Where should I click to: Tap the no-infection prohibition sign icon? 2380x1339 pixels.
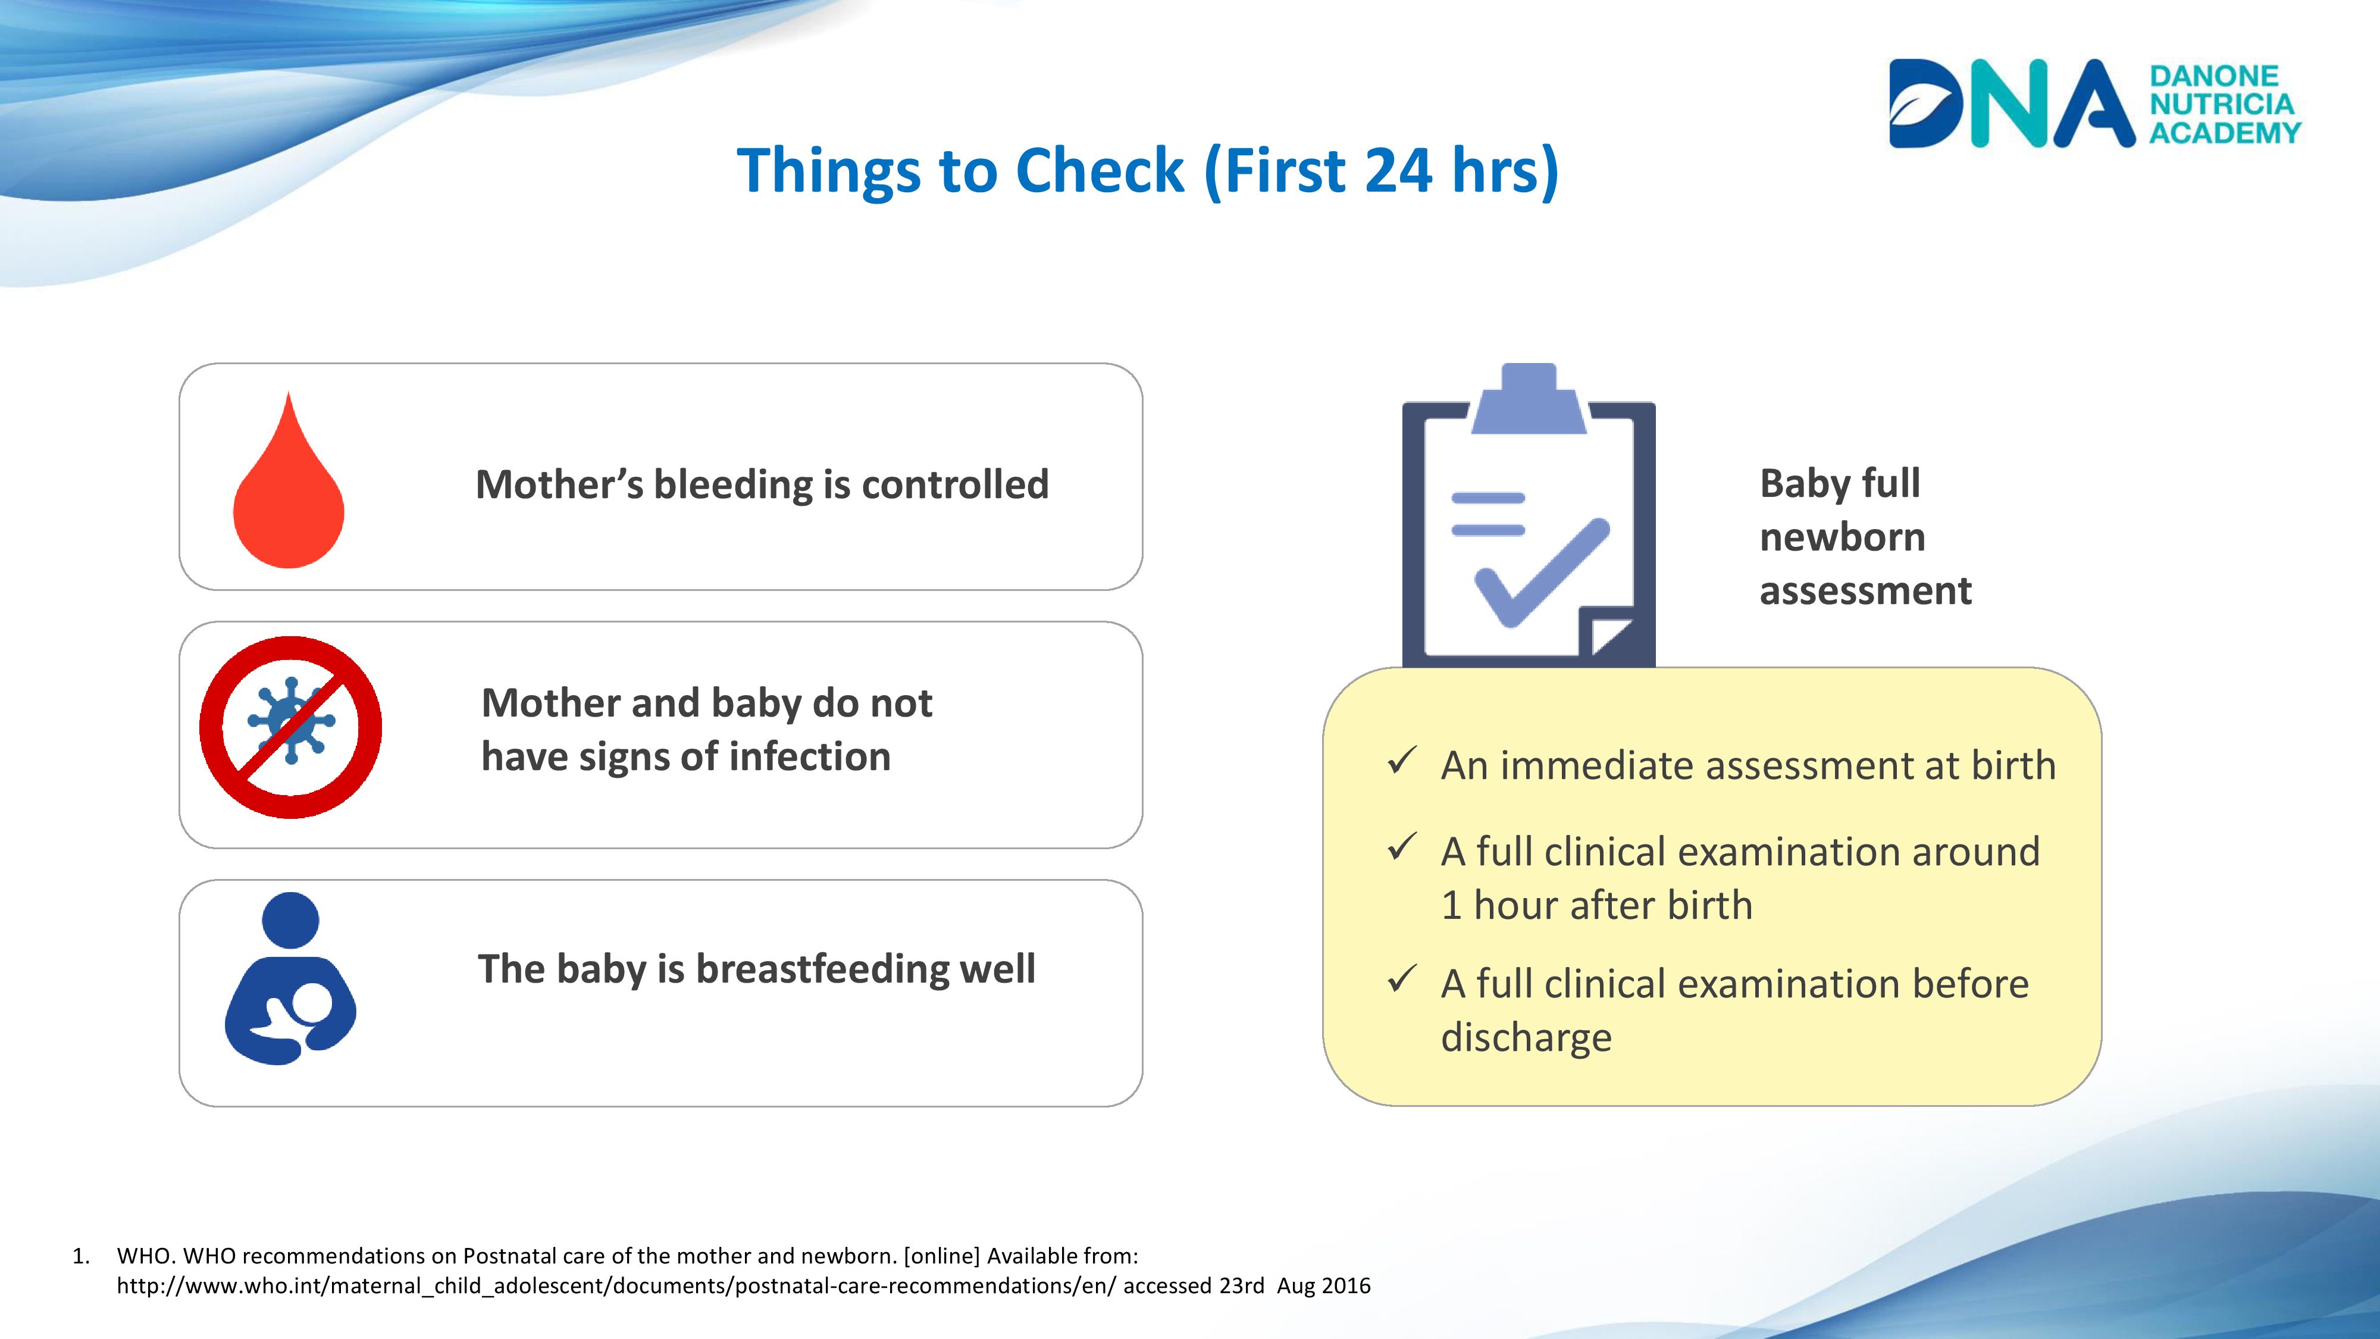coord(291,727)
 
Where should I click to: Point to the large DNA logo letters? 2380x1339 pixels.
coord(2011,104)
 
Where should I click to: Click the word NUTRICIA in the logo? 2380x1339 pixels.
coord(2222,104)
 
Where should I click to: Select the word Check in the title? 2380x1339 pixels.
coord(1100,170)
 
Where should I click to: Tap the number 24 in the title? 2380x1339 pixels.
coord(1398,171)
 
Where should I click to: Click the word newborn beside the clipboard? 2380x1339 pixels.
coord(1842,537)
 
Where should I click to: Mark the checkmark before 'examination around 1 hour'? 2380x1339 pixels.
coord(1402,846)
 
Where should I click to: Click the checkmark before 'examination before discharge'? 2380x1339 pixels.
coord(1402,978)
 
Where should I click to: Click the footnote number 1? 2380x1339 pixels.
coord(80,1256)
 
